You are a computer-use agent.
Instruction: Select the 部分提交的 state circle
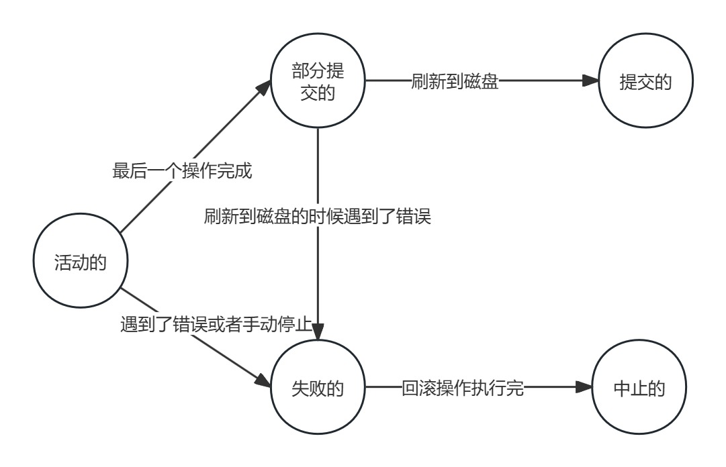[318, 83]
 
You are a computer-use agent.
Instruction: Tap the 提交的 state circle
[645, 83]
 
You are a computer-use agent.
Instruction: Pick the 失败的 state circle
[318, 388]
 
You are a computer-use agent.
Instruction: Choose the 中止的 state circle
[639, 388]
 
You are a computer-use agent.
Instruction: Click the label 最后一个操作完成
[182, 171]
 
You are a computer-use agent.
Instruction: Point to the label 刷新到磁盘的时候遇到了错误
[317, 217]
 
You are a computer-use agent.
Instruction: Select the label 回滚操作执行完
[462, 388]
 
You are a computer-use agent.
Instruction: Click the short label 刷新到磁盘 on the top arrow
[455, 83]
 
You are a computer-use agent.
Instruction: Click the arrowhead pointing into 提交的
[590, 82]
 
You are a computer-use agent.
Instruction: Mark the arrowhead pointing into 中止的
[584, 388]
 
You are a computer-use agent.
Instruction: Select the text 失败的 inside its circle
[318, 388]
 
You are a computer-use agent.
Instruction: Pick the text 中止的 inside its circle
[639, 388]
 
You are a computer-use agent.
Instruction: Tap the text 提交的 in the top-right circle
[645, 83]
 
